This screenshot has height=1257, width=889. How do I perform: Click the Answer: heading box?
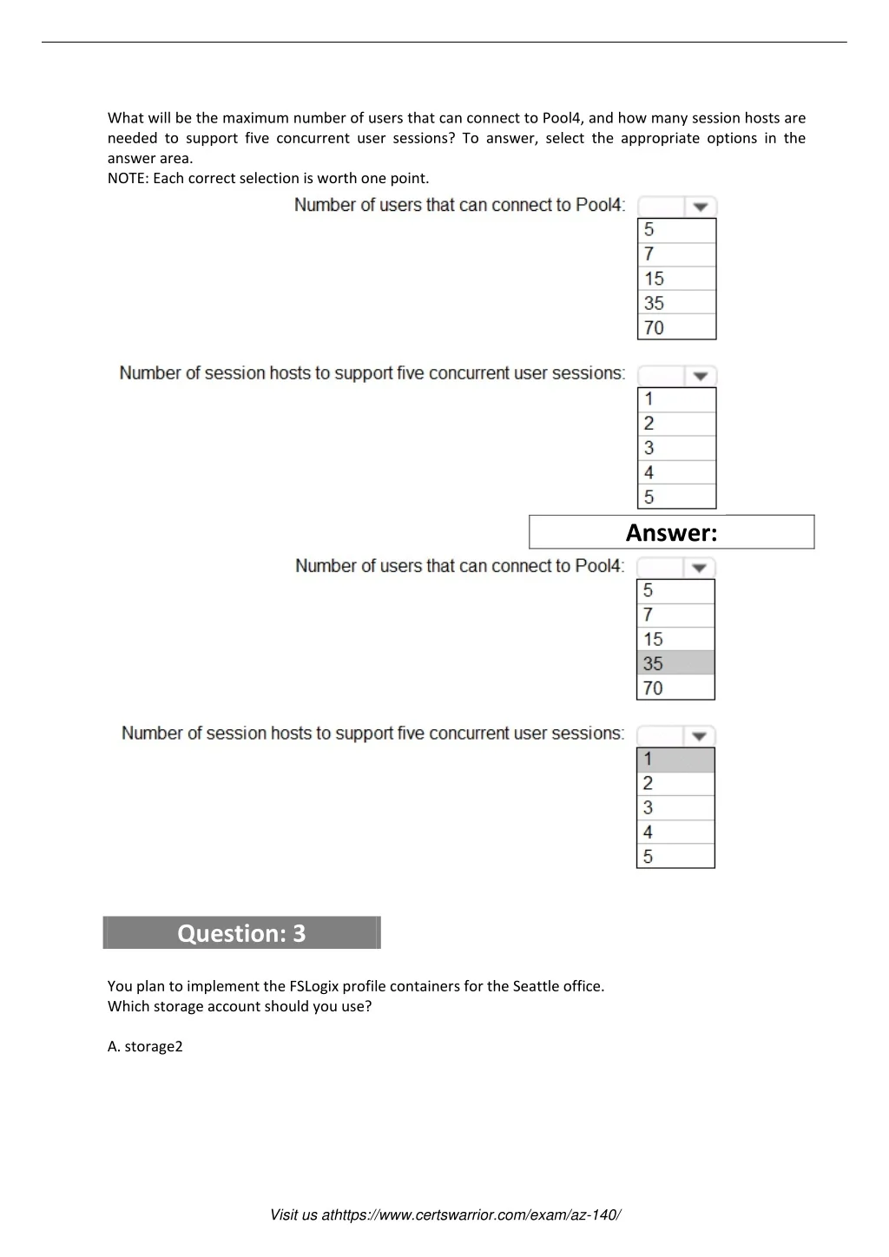(671, 532)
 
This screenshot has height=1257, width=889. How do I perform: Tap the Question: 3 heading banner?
(241, 933)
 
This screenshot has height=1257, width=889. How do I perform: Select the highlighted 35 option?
(675, 663)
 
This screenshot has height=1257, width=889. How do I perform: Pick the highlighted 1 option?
(675, 759)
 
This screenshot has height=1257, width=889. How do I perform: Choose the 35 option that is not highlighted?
(676, 303)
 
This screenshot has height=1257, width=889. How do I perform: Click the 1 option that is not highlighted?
(676, 399)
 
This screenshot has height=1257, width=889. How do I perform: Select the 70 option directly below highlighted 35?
(675, 688)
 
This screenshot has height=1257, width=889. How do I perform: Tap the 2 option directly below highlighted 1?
(675, 783)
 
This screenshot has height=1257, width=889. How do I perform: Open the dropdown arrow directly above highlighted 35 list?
(699, 568)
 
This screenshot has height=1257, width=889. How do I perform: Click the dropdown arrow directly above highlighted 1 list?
(699, 736)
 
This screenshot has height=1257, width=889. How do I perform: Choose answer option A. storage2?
(145, 1046)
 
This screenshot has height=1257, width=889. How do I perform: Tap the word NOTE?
(128, 179)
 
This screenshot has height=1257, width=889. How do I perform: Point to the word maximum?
(255, 118)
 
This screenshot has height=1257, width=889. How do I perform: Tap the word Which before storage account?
(128, 1007)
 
